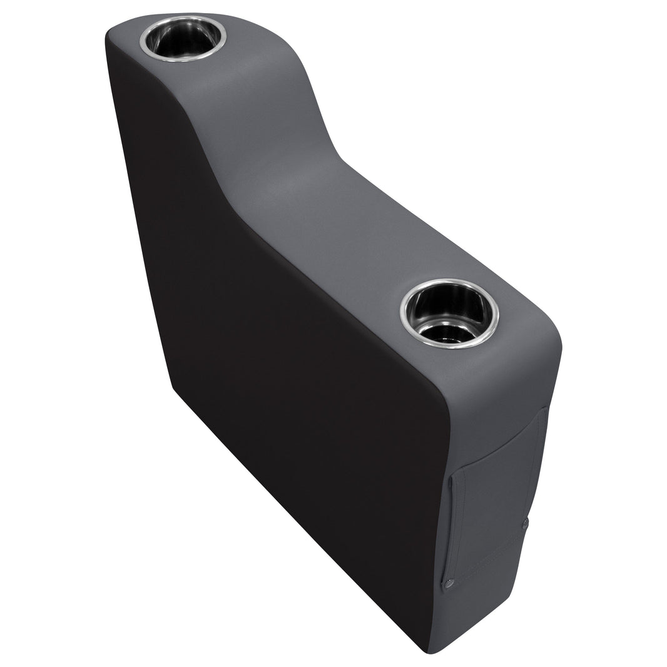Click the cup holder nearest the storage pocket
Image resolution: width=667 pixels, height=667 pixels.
449,313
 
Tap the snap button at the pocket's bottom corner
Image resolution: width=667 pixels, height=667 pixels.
448,586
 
